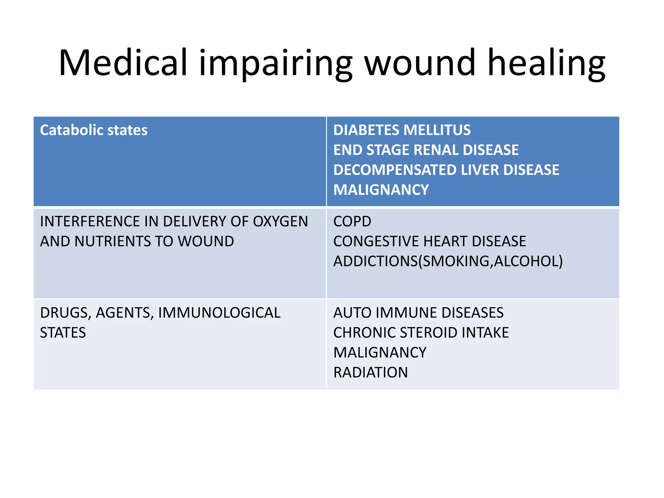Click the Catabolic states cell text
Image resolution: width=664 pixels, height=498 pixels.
point(93,130)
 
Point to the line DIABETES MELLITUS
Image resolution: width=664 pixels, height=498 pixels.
point(402,130)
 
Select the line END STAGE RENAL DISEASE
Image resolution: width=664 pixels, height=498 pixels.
point(426,150)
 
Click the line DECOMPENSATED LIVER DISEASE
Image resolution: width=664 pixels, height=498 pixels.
point(446,170)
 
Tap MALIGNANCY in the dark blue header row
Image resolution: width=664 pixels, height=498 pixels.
point(381,190)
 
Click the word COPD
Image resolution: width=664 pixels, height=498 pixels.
point(352,222)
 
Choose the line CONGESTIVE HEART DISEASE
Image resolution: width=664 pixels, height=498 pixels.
point(430,242)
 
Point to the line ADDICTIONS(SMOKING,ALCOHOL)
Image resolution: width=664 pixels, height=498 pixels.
point(448,261)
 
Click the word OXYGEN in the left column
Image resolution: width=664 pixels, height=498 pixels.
point(280,222)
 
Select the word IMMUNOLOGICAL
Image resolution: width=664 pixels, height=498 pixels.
point(219,313)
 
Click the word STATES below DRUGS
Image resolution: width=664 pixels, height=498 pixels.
point(63,333)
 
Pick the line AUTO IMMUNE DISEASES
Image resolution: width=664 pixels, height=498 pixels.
point(418,313)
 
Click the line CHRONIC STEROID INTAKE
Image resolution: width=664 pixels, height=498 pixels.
point(421,333)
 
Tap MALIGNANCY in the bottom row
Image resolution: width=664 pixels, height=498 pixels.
point(380,353)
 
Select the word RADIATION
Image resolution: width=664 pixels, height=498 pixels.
point(370,373)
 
